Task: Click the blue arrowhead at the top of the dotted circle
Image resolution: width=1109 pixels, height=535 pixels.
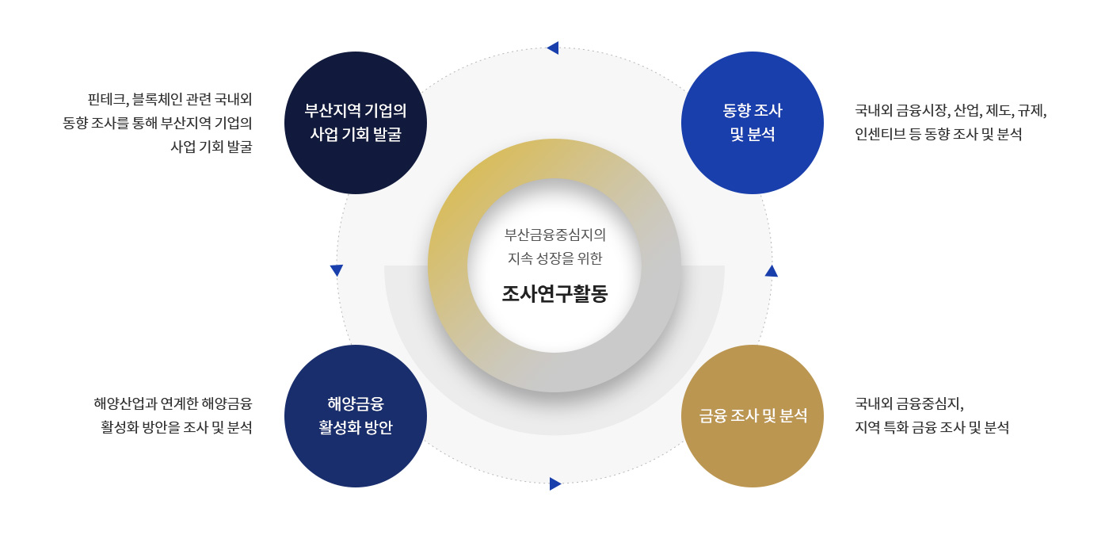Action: click(x=554, y=48)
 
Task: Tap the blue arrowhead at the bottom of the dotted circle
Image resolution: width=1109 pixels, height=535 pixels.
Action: click(x=555, y=484)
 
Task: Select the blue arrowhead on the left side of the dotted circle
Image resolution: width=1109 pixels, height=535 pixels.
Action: click(x=337, y=270)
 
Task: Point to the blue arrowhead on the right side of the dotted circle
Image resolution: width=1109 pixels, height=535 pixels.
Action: click(x=772, y=271)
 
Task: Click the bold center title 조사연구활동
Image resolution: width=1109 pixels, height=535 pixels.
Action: click(x=554, y=294)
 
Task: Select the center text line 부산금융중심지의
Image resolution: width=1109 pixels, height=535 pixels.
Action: click(x=554, y=235)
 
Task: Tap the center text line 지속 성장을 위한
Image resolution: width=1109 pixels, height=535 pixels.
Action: click(x=554, y=258)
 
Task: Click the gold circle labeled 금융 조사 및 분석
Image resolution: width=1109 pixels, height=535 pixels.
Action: click(x=753, y=416)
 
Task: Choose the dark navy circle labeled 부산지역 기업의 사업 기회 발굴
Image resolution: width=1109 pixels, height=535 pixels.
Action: click(x=356, y=123)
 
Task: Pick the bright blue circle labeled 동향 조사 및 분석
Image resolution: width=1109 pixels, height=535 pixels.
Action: click(x=753, y=123)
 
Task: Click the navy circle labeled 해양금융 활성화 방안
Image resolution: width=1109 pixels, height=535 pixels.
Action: click(x=356, y=416)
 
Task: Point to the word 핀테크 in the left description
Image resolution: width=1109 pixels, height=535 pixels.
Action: click(x=107, y=100)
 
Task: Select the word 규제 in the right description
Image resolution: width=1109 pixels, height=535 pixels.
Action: click(x=1031, y=110)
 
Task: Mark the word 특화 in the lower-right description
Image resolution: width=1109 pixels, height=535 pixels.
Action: click(x=894, y=427)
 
